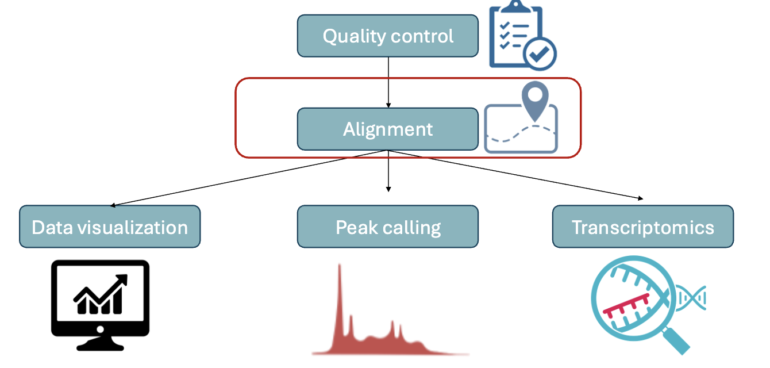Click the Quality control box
(387, 36)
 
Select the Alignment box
(387, 129)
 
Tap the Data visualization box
(110, 227)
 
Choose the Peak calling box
(387, 227)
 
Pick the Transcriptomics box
(642, 227)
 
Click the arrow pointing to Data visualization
(247, 178)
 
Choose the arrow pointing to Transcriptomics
(517, 175)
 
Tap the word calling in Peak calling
(413, 228)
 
